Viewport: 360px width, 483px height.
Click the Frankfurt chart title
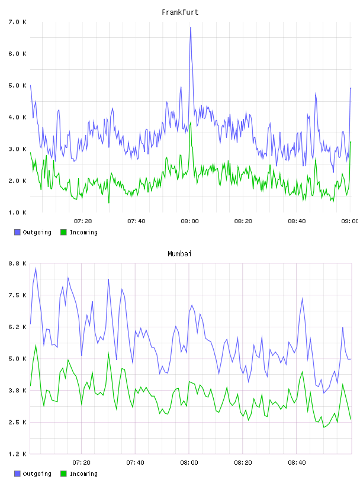pos(180,12)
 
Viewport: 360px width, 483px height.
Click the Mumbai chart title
pos(179,254)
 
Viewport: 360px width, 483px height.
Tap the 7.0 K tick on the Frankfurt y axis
pos(18,22)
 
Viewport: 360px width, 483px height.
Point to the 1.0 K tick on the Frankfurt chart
pos(18,212)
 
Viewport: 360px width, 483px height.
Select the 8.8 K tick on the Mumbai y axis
pos(18,263)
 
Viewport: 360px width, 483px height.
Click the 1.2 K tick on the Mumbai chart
pos(18,454)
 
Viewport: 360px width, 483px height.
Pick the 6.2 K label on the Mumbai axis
pos(18,327)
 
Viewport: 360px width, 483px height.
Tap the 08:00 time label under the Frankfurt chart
pos(190,221)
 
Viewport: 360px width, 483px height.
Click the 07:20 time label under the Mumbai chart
pos(81,463)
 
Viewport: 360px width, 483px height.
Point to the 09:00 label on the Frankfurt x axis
pos(350,221)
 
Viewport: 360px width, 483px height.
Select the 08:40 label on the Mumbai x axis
pos(297,463)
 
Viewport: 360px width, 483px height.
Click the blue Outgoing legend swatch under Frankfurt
pos(17,232)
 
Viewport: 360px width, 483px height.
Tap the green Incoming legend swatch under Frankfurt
pos(63,232)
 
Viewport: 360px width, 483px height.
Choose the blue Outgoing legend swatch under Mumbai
pos(17,474)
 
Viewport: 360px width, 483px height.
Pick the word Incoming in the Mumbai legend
pos(83,474)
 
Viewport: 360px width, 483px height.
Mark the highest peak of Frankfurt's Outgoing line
pos(191,28)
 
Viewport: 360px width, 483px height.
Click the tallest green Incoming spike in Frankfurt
pos(191,123)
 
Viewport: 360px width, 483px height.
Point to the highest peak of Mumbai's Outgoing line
pos(36,268)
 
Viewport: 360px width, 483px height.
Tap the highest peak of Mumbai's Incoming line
pos(36,345)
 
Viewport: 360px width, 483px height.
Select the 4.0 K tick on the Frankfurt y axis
pos(18,117)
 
